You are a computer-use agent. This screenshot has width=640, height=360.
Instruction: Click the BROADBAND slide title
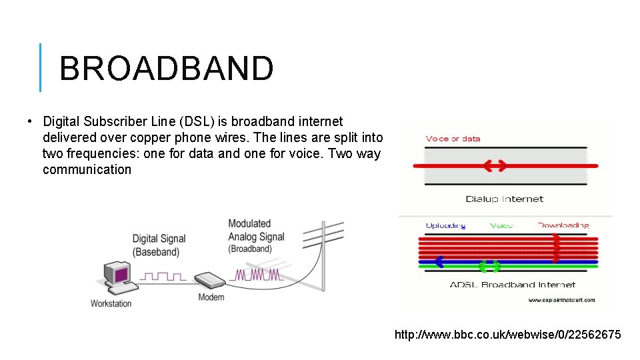point(166,68)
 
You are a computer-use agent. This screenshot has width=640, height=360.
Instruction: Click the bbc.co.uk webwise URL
point(507,334)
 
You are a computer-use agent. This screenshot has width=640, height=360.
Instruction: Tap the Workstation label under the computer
point(111,303)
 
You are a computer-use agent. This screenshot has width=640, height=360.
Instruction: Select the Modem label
point(211,297)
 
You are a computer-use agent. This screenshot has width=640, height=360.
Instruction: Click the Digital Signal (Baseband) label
point(159,245)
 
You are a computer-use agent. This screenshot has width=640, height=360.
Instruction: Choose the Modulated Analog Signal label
point(256,236)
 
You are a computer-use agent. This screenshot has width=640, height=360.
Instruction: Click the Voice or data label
point(453,139)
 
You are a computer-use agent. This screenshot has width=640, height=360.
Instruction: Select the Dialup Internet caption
point(504,199)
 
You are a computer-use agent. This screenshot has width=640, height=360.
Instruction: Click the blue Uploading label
point(445,225)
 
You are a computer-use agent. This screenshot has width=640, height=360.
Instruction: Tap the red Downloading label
point(563,225)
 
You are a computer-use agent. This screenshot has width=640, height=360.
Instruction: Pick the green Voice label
point(501,225)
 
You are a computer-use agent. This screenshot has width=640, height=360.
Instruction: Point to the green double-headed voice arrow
point(489,267)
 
